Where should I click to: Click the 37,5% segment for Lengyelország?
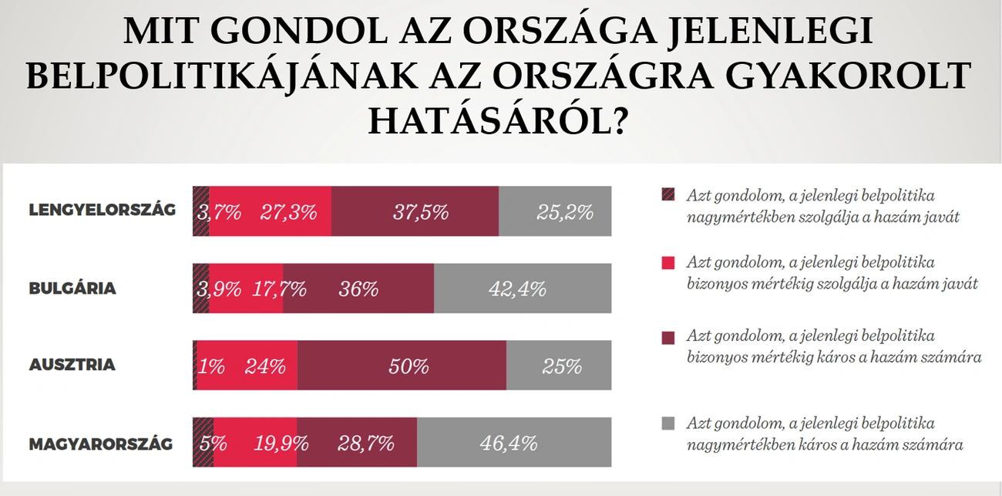[415, 211]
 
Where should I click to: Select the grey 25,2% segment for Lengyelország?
[555, 211]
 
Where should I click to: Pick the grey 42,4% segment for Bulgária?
[523, 288]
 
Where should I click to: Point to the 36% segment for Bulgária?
[358, 288]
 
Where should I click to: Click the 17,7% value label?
[278, 289]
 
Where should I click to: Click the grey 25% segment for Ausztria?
[559, 365]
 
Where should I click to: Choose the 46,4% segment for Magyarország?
[514, 442]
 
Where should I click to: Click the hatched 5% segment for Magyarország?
[203, 442]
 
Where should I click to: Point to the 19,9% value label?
[281, 444]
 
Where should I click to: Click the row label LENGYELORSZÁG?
[102, 210]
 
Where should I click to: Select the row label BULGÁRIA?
[72, 288]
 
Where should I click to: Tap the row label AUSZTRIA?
[72, 364]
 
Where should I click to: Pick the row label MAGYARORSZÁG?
[100, 444]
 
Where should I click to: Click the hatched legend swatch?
[667, 194]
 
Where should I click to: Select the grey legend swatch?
[667, 423]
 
